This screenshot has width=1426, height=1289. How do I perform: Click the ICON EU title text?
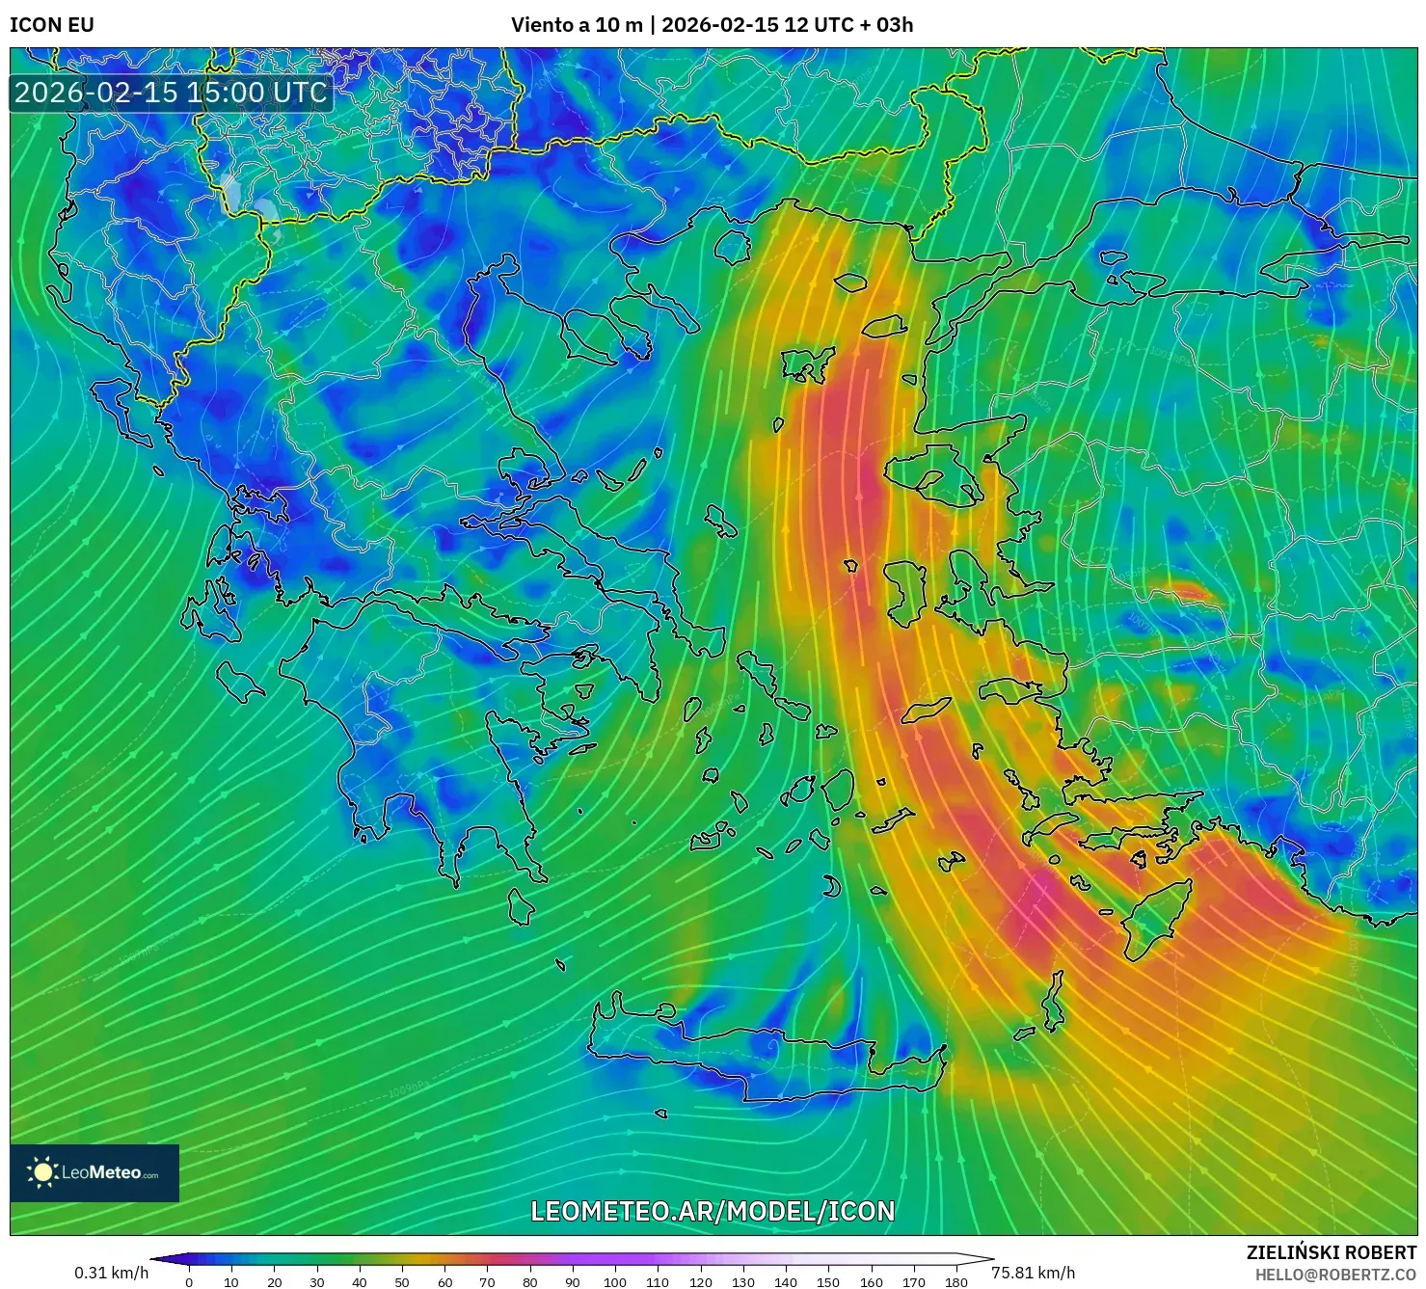pyautogui.click(x=52, y=24)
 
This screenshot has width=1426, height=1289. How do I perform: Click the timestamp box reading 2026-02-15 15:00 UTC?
pyautogui.click(x=171, y=93)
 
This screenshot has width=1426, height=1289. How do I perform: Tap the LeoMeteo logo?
pyautogui.click(x=94, y=1172)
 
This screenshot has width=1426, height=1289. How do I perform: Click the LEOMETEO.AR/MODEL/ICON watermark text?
pyautogui.click(x=713, y=1211)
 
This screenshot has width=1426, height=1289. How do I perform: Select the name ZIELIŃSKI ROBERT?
pyautogui.click(x=1332, y=1252)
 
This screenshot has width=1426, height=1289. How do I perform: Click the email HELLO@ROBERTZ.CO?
pyautogui.click(x=1342, y=1275)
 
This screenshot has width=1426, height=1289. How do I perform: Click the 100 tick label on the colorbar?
pyautogui.click(x=615, y=1282)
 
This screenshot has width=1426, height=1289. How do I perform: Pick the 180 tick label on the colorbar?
pyautogui.click(x=955, y=1282)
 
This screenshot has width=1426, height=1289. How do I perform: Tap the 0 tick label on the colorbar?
pyautogui.click(x=189, y=1282)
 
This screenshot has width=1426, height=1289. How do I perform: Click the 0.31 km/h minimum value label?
pyautogui.click(x=112, y=1273)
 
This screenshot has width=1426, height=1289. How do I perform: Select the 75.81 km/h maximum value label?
pyautogui.click(x=1033, y=1273)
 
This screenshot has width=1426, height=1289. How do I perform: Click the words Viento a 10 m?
pyautogui.click(x=577, y=24)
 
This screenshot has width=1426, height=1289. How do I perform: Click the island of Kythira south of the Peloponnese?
pyautogui.click(x=521, y=906)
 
